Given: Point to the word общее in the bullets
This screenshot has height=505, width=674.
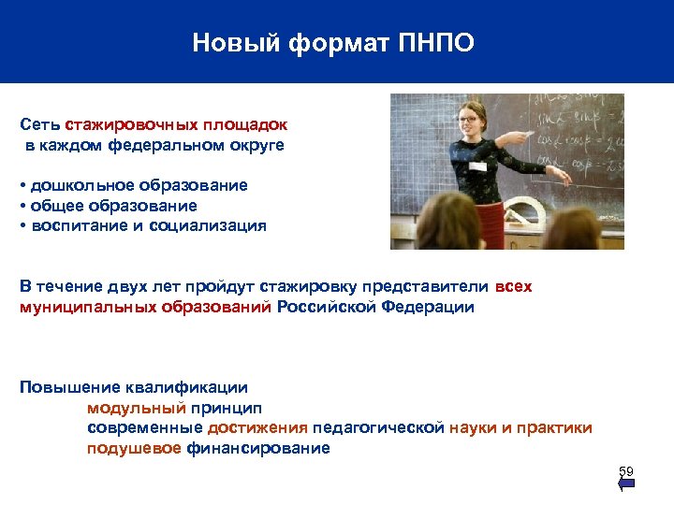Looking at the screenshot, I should coord(53,206).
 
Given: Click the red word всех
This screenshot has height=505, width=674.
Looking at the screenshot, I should coord(513,286).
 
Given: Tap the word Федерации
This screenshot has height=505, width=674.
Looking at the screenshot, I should coord(428,307).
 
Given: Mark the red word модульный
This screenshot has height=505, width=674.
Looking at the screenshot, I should coord(137,408).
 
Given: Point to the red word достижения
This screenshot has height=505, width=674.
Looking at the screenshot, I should coord(257,428).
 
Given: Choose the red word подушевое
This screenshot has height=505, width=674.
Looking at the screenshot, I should coord(134,448).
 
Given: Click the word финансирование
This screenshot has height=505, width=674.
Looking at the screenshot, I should coord(258,448).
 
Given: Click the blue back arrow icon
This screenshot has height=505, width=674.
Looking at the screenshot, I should coord(627,483).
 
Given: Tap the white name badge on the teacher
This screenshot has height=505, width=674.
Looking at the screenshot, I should coord(477,166).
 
